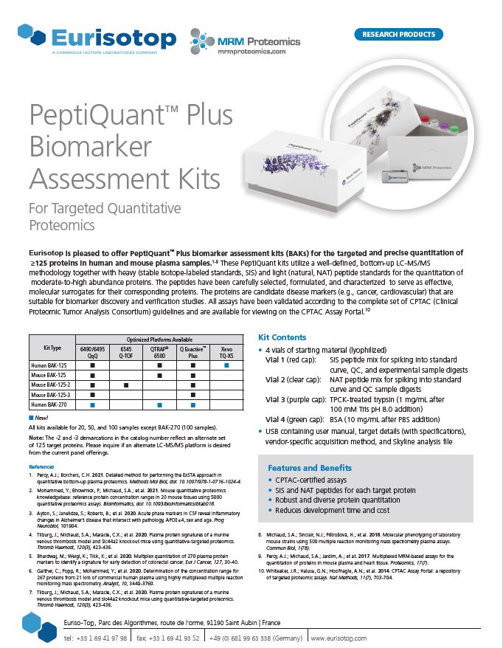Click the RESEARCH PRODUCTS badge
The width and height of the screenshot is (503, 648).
pyautogui.click(x=399, y=34)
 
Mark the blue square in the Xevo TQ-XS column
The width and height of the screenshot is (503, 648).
pyautogui.click(x=228, y=365)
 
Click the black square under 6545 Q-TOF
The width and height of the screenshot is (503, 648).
pyautogui.click(x=126, y=385)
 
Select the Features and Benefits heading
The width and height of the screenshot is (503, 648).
pyautogui.click(x=309, y=468)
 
